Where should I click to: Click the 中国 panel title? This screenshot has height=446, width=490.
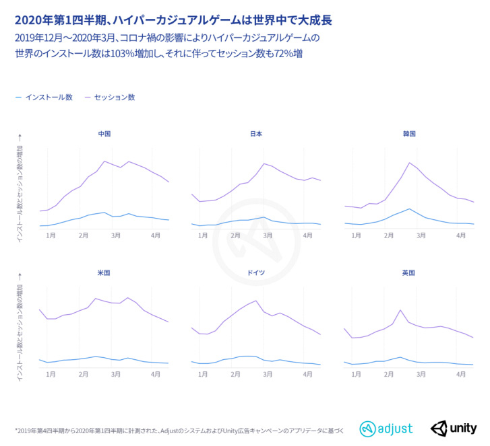pos(104,134)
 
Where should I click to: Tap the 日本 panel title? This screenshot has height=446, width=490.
pos(256,134)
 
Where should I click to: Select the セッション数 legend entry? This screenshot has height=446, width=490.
pos(115,98)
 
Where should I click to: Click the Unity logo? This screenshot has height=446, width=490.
pos(454,428)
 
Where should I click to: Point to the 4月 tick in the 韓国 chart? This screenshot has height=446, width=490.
pos(462,235)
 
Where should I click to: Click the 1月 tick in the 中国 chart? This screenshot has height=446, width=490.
pos(51,235)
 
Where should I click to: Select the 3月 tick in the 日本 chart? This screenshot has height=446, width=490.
pos(268,235)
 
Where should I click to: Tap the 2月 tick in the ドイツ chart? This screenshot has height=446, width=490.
pos(235,373)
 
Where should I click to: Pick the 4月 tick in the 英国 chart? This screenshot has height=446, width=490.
pos(462,373)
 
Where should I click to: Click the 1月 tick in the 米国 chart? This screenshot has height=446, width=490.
pos(51,373)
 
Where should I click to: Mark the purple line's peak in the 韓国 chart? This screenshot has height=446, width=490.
pos(409,162)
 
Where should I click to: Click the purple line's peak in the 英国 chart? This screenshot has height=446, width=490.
pos(400,310)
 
